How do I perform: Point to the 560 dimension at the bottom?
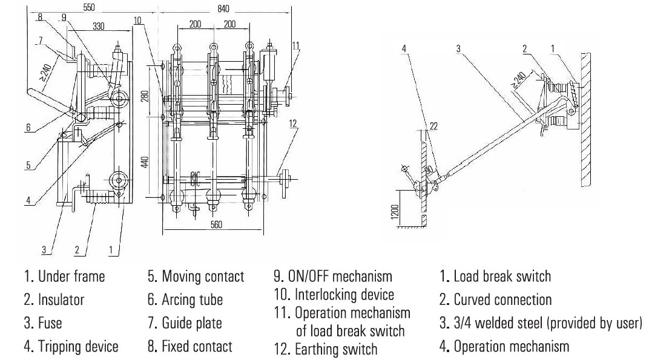[x=216, y=224]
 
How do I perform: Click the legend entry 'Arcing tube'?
[x=192, y=299]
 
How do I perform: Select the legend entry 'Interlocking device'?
[x=344, y=295]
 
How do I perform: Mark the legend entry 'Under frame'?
[x=71, y=277]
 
